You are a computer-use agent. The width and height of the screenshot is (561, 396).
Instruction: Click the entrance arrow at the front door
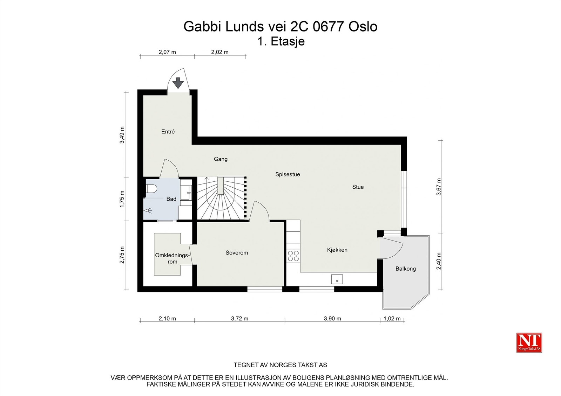point(178,83)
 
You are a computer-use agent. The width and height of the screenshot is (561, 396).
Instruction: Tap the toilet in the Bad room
point(151,189)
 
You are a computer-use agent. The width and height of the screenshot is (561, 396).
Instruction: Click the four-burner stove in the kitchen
point(293,256)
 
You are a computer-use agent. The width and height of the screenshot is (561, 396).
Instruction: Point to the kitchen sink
point(337,279)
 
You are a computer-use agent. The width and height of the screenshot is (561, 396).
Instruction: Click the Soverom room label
point(237,253)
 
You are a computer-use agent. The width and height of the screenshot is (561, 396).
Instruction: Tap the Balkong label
point(405,269)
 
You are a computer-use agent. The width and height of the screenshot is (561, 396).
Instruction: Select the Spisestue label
point(288,174)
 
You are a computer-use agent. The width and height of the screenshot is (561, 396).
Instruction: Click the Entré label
point(168,132)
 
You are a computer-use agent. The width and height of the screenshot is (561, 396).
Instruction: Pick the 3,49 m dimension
point(122,135)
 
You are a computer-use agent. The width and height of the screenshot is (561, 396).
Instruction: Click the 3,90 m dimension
point(332,319)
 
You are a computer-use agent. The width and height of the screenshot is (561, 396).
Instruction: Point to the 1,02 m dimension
point(392,319)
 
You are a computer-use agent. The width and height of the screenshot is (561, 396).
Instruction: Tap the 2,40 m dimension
point(439,261)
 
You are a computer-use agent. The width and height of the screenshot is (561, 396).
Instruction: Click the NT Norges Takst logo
point(529,342)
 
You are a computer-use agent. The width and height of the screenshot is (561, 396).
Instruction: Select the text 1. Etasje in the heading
point(281,42)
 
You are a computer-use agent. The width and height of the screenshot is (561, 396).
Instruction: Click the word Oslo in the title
point(363,27)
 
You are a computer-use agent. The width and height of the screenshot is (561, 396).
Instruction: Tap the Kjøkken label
point(337,250)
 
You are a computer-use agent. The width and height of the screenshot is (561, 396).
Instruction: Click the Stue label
point(358,187)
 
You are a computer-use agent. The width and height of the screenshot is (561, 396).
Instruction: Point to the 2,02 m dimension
point(219,52)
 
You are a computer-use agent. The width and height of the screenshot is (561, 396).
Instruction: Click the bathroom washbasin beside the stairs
point(186,193)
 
